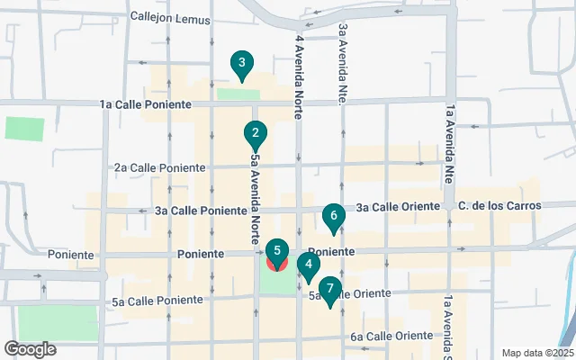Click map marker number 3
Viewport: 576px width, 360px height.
point(240,64)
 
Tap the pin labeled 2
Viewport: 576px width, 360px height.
point(256,135)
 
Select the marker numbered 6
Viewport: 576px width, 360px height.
point(333,216)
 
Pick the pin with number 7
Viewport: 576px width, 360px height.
point(330,290)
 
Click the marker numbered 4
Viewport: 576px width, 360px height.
point(309,265)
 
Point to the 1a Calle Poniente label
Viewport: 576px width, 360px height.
point(144,105)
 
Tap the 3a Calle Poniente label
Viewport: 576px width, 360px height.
point(202,211)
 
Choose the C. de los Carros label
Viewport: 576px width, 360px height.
point(499,206)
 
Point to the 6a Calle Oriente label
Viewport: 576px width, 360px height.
point(391,336)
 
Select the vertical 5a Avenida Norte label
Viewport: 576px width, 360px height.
point(256,198)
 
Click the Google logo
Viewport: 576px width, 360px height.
point(30,348)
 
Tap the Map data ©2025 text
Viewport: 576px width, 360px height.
point(536,353)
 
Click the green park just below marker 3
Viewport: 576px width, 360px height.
point(238,94)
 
